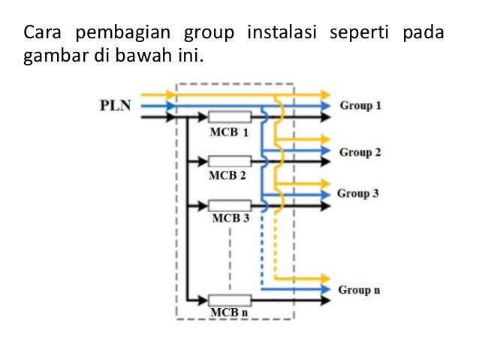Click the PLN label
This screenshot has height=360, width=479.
(x=115, y=106)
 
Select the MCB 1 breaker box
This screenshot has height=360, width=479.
(x=229, y=117)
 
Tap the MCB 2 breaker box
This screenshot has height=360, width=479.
(x=229, y=161)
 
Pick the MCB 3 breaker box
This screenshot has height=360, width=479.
(x=229, y=204)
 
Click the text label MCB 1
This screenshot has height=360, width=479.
(x=228, y=132)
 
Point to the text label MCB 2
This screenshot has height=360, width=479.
(x=227, y=176)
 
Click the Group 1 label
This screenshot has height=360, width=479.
(x=360, y=106)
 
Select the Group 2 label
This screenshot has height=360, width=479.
(x=360, y=153)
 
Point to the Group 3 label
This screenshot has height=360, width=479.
(x=358, y=193)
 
